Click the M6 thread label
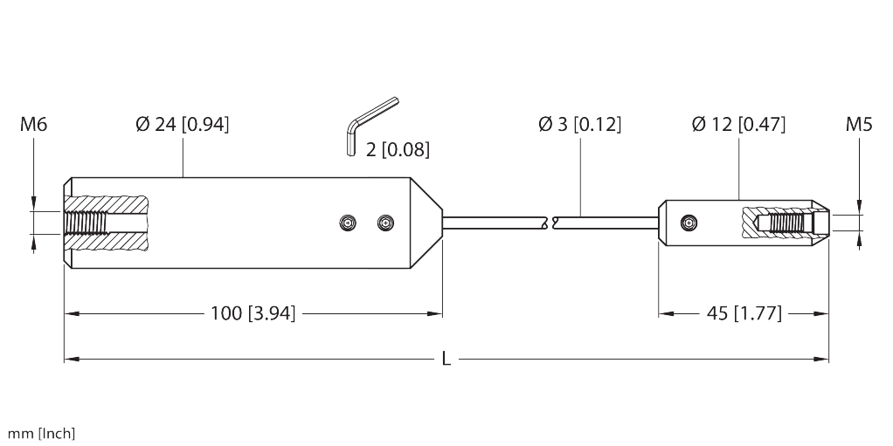pos(34,126)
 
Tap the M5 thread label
pos(859,126)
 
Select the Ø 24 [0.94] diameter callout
pos(183,125)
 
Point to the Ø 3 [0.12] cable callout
pos(579,125)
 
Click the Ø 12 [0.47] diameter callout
pos(738,125)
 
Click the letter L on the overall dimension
pos(446,359)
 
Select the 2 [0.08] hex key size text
pos(398,150)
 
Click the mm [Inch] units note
pos(42,433)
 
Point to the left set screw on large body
pos(349,224)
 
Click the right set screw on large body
pos(384,224)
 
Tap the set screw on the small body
pos(691,223)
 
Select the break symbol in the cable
pos(549,223)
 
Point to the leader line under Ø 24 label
pos(183,156)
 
